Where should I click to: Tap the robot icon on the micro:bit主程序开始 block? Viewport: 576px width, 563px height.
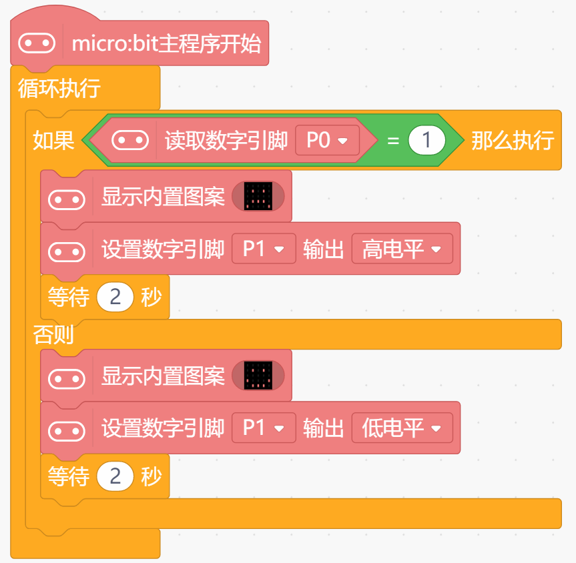tap(36, 44)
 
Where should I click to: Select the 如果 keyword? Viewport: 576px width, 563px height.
tap(53, 141)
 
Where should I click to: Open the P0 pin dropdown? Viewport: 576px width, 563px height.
tap(327, 141)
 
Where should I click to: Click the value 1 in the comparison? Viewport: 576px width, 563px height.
tap(427, 141)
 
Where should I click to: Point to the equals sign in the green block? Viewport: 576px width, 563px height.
tap(393, 141)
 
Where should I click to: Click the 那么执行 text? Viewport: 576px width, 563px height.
tap(513, 141)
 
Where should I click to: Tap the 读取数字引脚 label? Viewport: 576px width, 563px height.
tap(226, 141)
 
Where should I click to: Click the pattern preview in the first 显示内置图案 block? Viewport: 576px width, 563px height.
tap(258, 196)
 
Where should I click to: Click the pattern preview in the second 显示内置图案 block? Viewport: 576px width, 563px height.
tap(258, 376)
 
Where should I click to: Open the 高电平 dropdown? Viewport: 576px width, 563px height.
tap(402, 249)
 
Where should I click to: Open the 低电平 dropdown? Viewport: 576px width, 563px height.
tap(402, 428)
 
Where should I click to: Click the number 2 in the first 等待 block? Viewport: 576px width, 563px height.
tap(115, 297)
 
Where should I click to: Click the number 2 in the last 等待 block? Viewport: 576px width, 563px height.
tap(115, 476)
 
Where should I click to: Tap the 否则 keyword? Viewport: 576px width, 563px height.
tap(53, 334)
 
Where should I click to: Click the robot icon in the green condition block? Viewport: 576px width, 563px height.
tap(129, 141)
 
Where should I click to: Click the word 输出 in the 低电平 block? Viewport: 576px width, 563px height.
tap(324, 428)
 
